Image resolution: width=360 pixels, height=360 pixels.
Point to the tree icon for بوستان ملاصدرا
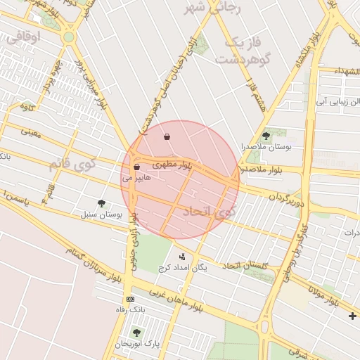coord(266,136)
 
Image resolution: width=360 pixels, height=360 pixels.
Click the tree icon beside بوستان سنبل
coord(102,203)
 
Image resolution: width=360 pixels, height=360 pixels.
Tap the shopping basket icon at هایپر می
coord(136,167)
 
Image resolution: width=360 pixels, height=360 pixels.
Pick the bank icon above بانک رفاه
coord(129,298)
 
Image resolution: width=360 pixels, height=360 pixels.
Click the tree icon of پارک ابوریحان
coord(136,332)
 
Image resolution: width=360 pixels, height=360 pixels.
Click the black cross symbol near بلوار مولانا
coord(352,316)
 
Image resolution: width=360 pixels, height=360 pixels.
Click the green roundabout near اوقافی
coord(68,37)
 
